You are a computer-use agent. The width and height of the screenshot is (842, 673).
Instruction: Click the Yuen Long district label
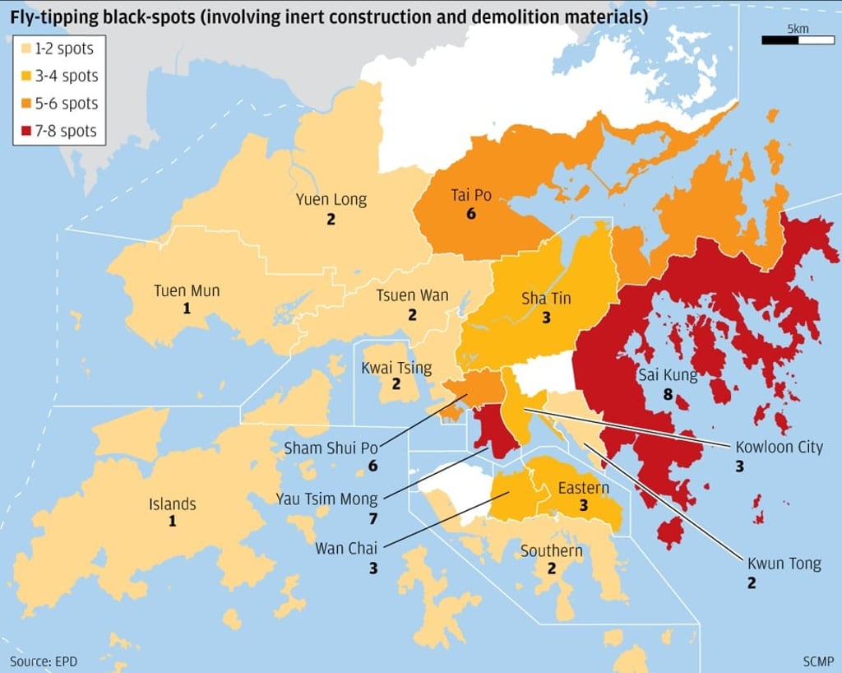click(331, 199)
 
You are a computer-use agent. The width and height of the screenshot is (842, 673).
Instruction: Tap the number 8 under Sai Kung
click(668, 395)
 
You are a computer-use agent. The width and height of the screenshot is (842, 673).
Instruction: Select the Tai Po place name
click(470, 195)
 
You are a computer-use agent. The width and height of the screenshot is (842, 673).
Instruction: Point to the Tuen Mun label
click(187, 290)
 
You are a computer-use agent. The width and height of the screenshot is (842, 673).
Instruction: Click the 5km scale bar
click(786, 39)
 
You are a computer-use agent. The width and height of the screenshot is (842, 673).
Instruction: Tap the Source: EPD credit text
click(42, 661)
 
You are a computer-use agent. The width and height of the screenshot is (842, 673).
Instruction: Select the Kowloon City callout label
click(779, 447)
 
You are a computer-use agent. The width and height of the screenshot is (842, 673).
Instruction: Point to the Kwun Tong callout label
click(784, 564)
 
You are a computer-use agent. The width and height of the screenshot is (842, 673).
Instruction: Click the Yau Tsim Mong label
click(326, 499)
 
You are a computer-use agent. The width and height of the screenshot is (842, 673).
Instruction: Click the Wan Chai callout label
click(346, 548)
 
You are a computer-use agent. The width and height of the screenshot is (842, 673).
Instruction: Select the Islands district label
click(172, 504)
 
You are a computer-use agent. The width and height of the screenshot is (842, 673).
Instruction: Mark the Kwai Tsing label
click(396, 367)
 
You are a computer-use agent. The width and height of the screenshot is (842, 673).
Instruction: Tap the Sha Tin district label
click(546, 299)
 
